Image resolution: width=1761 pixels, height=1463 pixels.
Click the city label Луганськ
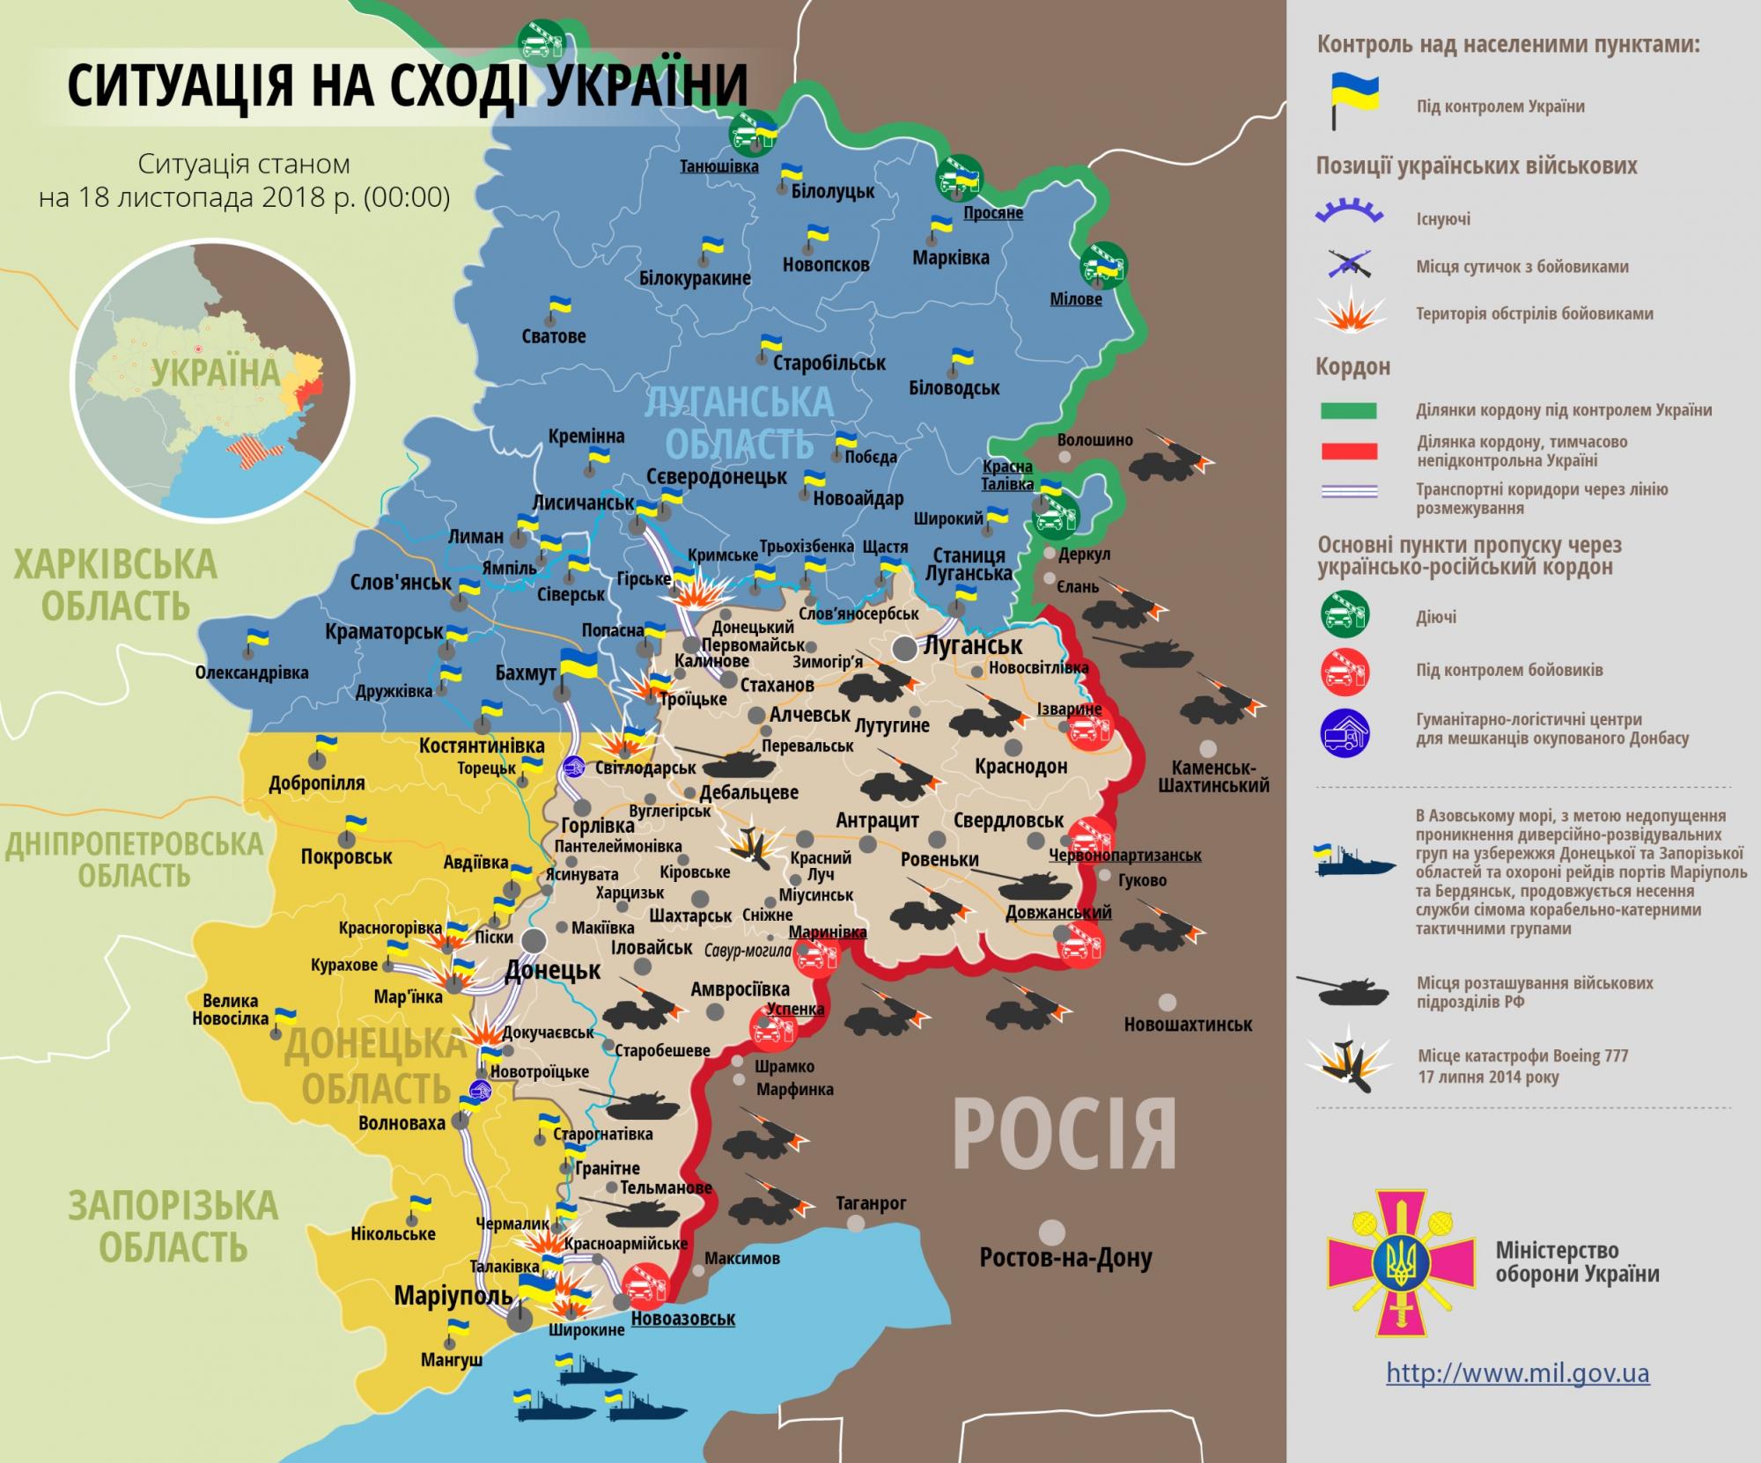pyautogui.click(x=972, y=645)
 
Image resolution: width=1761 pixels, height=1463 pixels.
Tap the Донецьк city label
pyautogui.click(x=552, y=971)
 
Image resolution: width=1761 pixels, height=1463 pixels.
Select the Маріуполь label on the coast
pyautogui.click(x=453, y=1296)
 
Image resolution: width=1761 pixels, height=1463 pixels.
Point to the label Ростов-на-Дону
pyautogui.click(x=1065, y=1259)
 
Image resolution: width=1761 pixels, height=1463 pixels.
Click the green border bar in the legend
pyautogui.click(x=1348, y=410)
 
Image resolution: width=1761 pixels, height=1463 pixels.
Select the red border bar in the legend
pyautogui.click(x=1348, y=452)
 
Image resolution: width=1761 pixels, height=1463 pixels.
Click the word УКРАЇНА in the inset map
pyautogui.click(x=215, y=372)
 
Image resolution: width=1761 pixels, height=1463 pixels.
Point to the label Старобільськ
pyautogui.click(x=829, y=363)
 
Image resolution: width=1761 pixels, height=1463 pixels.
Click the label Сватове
pyautogui.click(x=553, y=336)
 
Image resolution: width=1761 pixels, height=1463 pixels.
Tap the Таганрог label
pyautogui.click(x=871, y=1203)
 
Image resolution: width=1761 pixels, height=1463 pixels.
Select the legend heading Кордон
pyautogui.click(x=1352, y=366)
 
